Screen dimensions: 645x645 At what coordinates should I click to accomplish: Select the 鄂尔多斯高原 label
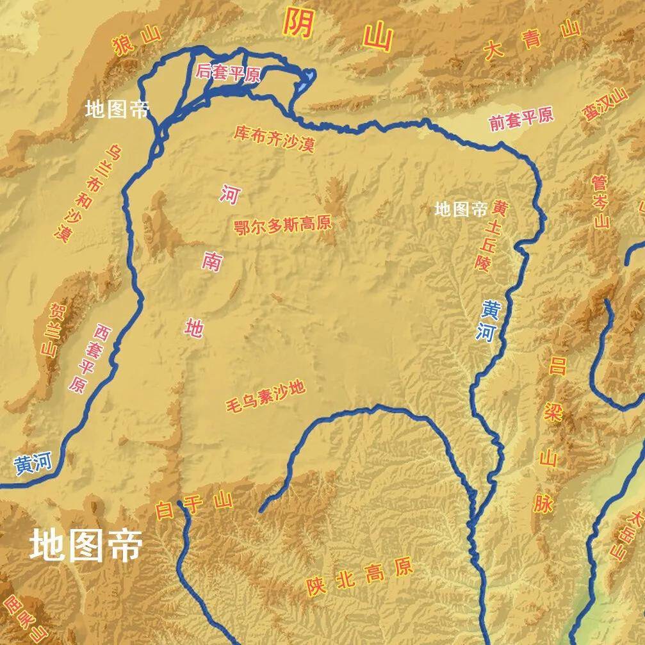283,224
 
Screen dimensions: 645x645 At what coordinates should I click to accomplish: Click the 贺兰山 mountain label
55,330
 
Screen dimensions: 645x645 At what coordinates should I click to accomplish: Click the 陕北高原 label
359,576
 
